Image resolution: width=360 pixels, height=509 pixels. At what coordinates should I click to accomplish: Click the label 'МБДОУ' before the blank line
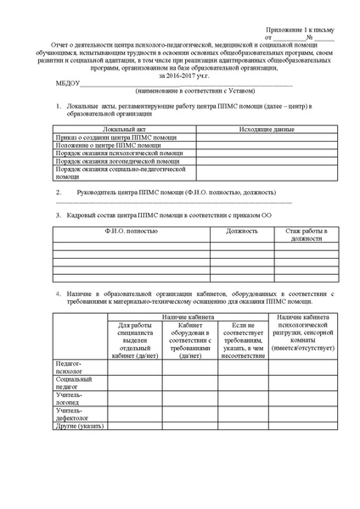tap(68, 83)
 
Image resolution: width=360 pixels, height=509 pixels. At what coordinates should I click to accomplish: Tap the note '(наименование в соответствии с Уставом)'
tap(194, 91)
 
